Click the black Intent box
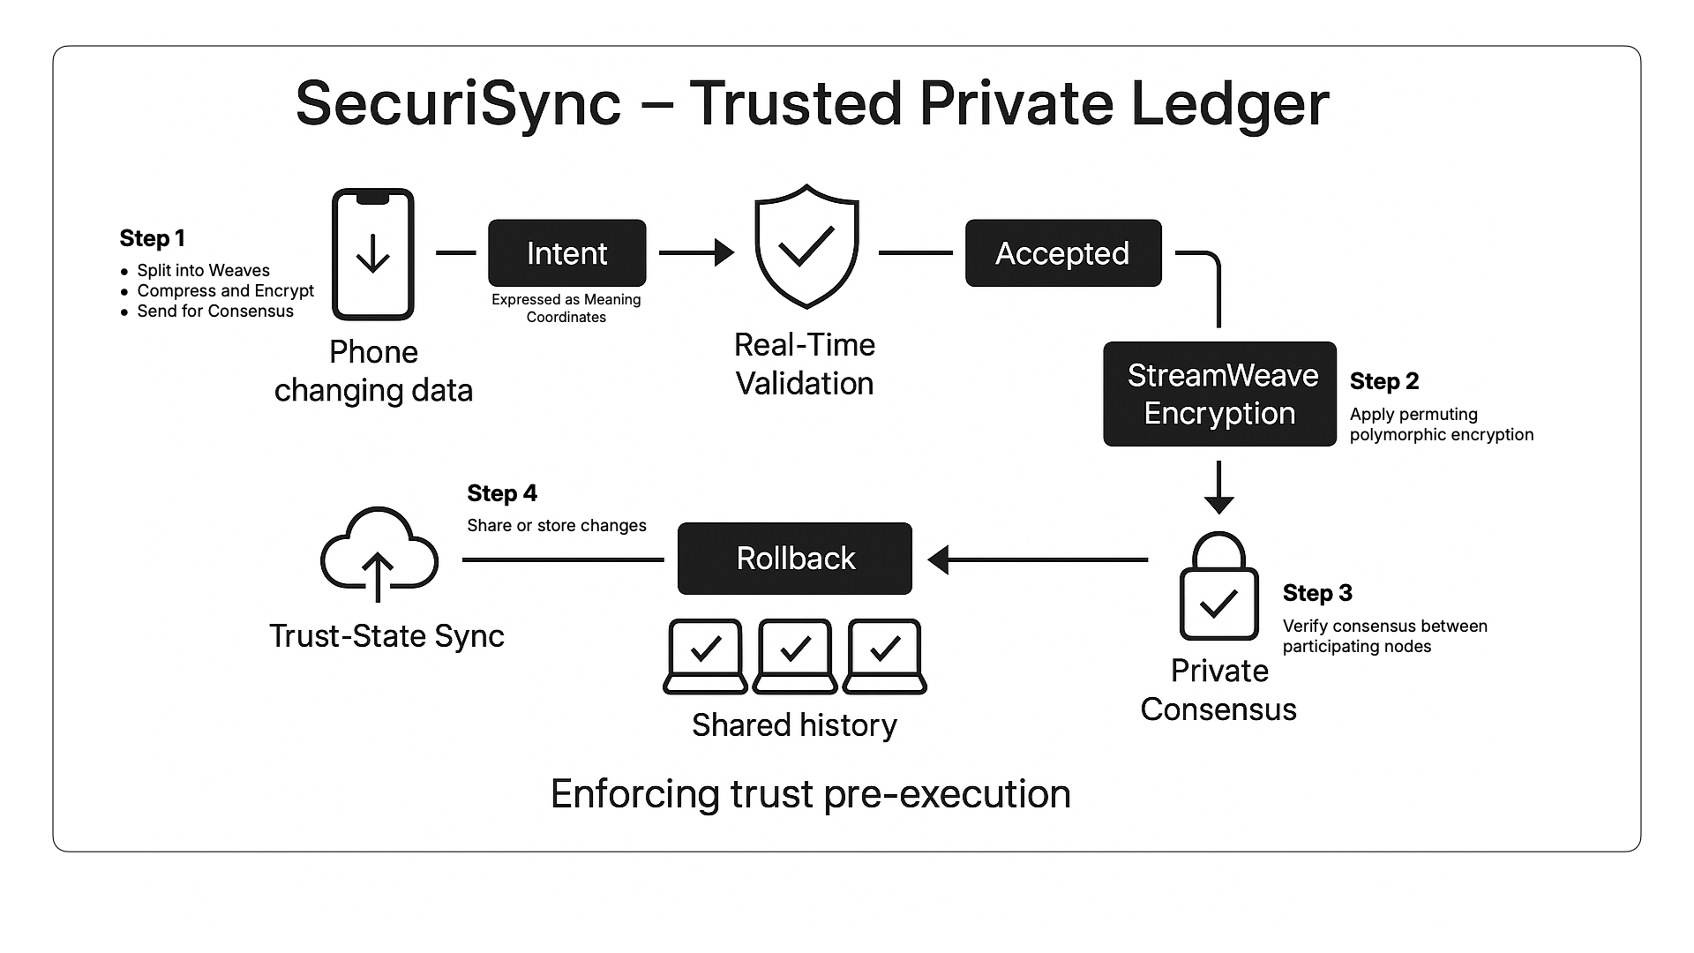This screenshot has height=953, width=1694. click(x=566, y=253)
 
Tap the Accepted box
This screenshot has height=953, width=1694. click(x=1062, y=253)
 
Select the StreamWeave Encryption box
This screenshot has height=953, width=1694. click(x=1219, y=394)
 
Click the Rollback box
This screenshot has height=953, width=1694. click(x=794, y=559)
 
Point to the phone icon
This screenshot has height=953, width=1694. click(x=372, y=254)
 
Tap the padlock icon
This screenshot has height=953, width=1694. click(x=1218, y=587)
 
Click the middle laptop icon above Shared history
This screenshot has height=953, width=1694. click(x=795, y=656)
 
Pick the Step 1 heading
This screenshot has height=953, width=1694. click(x=152, y=238)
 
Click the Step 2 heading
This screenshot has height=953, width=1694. click(x=1383, y=381)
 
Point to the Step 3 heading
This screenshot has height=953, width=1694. click(x=1316, y=593)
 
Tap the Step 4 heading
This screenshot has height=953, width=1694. click(x=501, y=493)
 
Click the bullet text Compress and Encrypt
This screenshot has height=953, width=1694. click(x=225, y=290)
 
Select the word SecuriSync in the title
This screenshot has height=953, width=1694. click(x=458, y=104)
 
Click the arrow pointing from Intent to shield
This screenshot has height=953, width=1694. click(x=697, y=252)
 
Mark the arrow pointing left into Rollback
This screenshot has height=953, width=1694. click(x=1037, y=559)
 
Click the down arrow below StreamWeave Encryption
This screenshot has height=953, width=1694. click(x=1218, y=487)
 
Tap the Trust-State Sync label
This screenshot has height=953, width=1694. click(x=386, y=635)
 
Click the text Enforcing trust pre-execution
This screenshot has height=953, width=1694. click(x=810, y=793)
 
